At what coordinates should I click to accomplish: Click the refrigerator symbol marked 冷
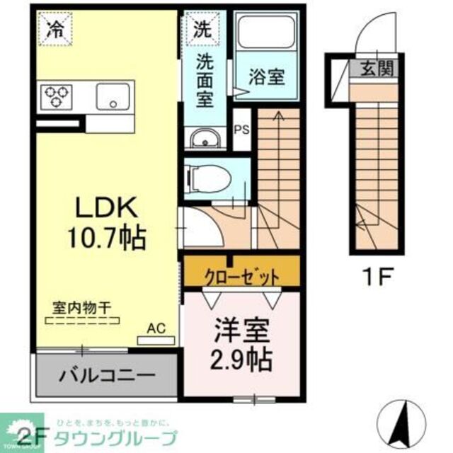(54, 29)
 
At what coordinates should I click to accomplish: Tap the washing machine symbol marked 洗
(202, 29)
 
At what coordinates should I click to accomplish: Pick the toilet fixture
(210, 176)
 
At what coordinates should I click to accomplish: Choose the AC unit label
(156, 328)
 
